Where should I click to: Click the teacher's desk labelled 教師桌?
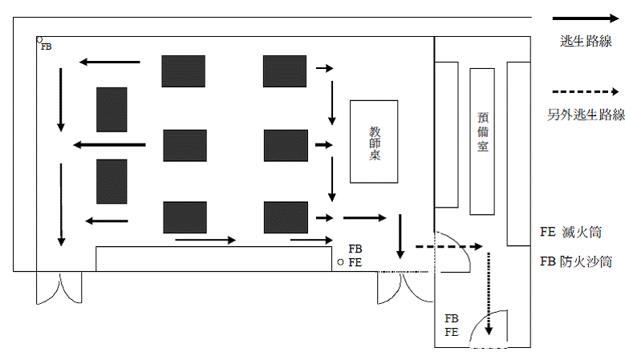374,142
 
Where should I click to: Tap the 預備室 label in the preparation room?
481,132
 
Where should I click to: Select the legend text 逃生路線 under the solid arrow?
585,42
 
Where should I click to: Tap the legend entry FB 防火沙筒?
576,261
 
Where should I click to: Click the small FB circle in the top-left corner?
39,39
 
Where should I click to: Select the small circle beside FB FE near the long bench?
340,262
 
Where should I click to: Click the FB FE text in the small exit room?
452,325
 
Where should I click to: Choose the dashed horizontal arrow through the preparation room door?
446,248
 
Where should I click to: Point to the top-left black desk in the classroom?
183,71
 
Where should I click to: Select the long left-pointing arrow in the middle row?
109,145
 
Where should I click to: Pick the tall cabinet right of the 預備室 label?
518,153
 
